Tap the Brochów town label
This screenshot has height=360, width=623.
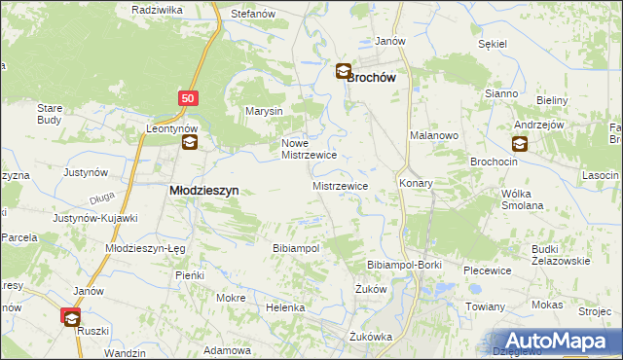click(x=378, y=73)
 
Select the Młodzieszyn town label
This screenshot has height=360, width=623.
click(x=204, y=191)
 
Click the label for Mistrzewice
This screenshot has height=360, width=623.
click(x=339, y=184)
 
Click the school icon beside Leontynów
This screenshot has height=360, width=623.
click(x=189, y=143)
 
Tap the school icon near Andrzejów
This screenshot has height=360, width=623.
click(x=520, y=144)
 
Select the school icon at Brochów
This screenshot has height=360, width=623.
click(x=344, y=70)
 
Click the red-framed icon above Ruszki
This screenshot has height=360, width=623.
click(x=71, y=316)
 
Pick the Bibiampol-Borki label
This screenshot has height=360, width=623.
click(x=405, y=265)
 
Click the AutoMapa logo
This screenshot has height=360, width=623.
click(x=558, y=341)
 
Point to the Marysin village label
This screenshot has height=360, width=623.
click(x=264, y=111)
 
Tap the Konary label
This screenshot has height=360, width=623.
click(x=416, y=183)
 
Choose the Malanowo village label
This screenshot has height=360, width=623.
click(x=434, y=136)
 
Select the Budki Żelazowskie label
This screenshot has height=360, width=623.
click(x=561, y=255)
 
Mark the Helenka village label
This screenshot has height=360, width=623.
click(x=286, y=307)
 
